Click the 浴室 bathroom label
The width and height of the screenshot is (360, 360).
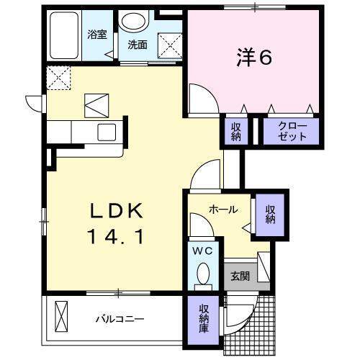coord(96,34)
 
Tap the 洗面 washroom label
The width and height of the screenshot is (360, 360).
coord(138,44)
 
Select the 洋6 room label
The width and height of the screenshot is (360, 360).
coord(253,57)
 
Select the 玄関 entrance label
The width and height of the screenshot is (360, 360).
coord(240,275)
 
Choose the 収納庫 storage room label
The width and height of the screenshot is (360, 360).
coord(204,318)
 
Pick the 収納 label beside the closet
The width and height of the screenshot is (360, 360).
coord(236,132)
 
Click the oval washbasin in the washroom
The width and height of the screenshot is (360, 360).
coord(132,21)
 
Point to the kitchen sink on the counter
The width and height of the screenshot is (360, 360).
coord(107,132)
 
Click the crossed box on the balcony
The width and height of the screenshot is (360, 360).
coord(62,316)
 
